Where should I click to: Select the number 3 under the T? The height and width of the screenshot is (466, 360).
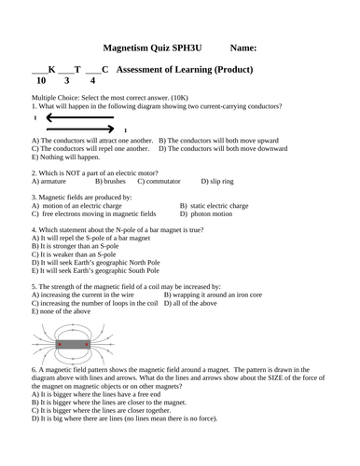[67, 81]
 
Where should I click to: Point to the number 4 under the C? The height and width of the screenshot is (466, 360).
[92, 81]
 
